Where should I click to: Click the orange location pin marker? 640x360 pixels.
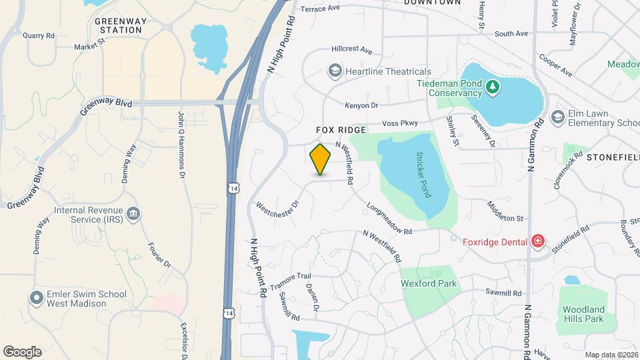pos(321,159)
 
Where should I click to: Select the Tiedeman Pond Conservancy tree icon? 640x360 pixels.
pos(492,86)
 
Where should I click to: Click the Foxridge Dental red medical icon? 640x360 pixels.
pos(537,241)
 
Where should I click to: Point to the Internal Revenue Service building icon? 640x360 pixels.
pos(133,214)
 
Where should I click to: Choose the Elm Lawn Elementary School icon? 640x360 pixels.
pos(557,118)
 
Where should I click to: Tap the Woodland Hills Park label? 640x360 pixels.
pos(583,314)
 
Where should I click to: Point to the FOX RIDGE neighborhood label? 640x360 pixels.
pos(341,130)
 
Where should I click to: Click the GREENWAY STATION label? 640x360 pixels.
pos(119,25)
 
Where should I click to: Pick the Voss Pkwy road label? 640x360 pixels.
pos(400,124)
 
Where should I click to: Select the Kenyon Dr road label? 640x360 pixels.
pos(361,105)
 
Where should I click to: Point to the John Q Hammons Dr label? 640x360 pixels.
pos(181,145)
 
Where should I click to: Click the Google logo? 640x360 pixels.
pos(22,352)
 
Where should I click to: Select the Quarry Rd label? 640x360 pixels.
pos(37,35)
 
